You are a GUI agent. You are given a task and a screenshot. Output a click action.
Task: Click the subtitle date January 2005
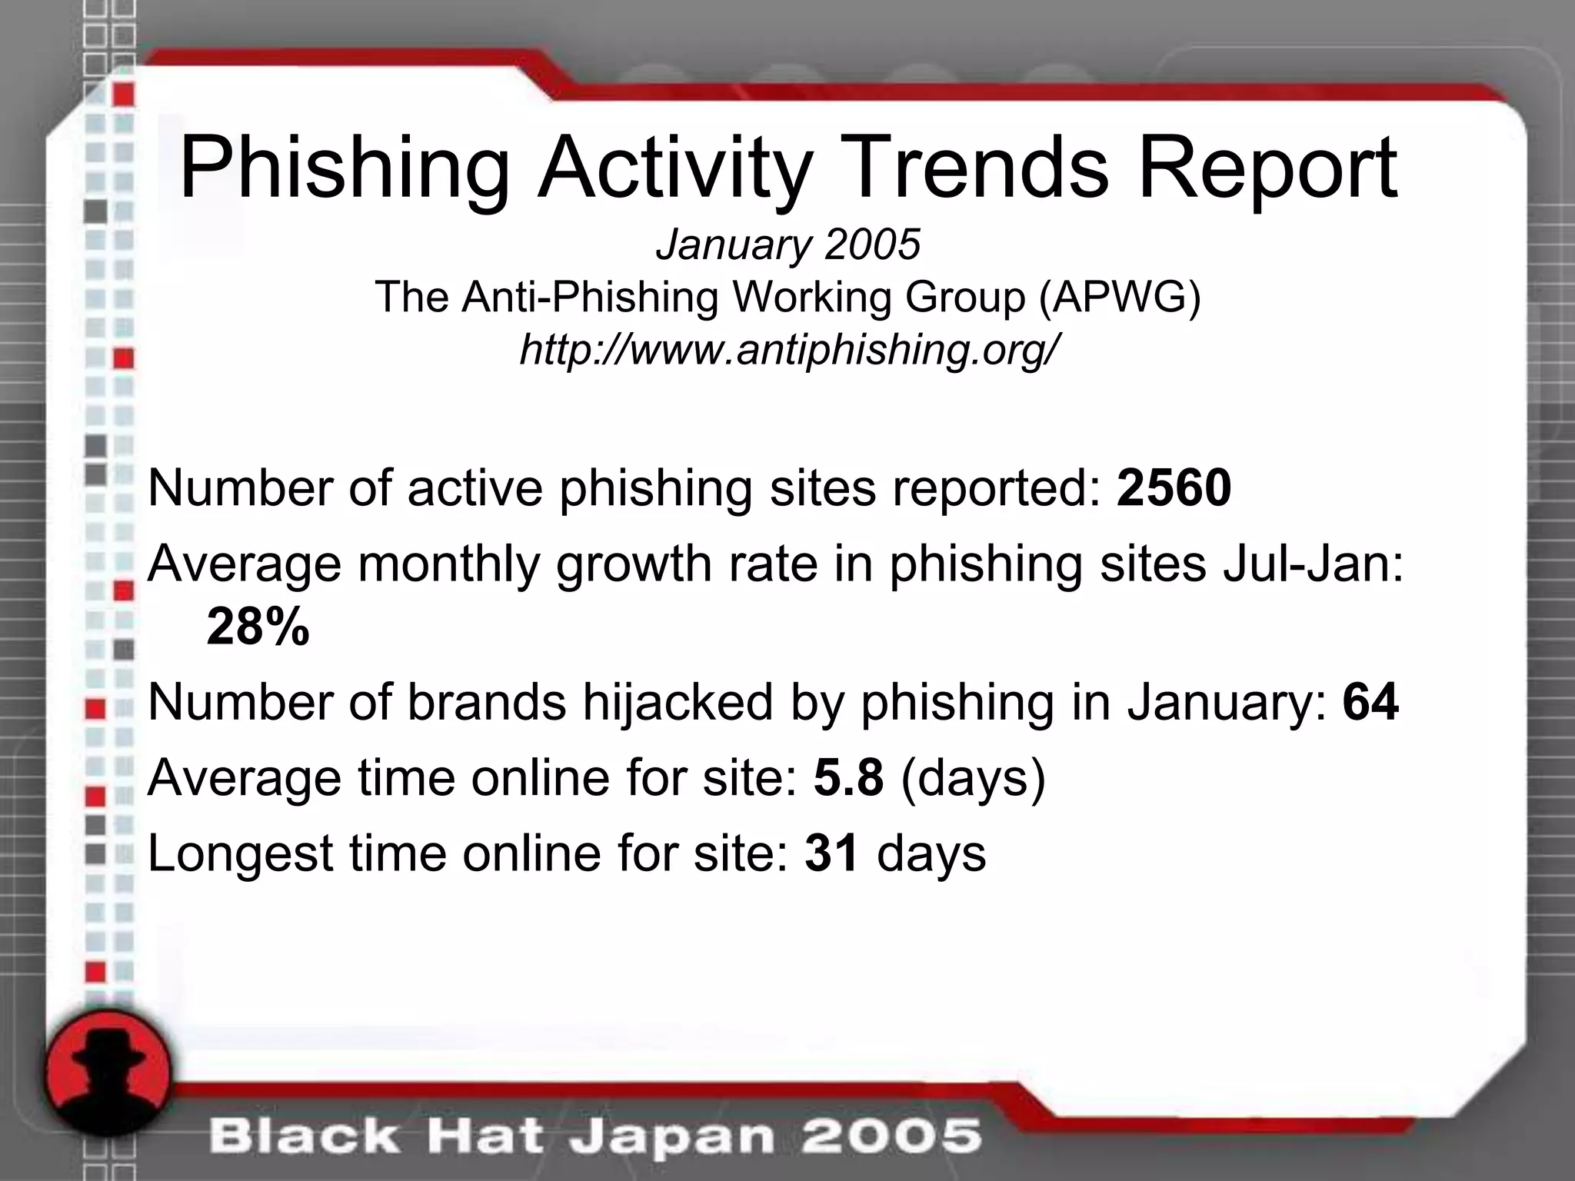(x=787, y=245)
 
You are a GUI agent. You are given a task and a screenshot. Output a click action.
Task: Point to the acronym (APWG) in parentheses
(x=1119, y=297)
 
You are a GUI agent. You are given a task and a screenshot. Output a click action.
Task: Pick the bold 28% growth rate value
(x=258, y=627)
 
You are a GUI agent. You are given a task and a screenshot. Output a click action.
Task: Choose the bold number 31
(x=831, y=853)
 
